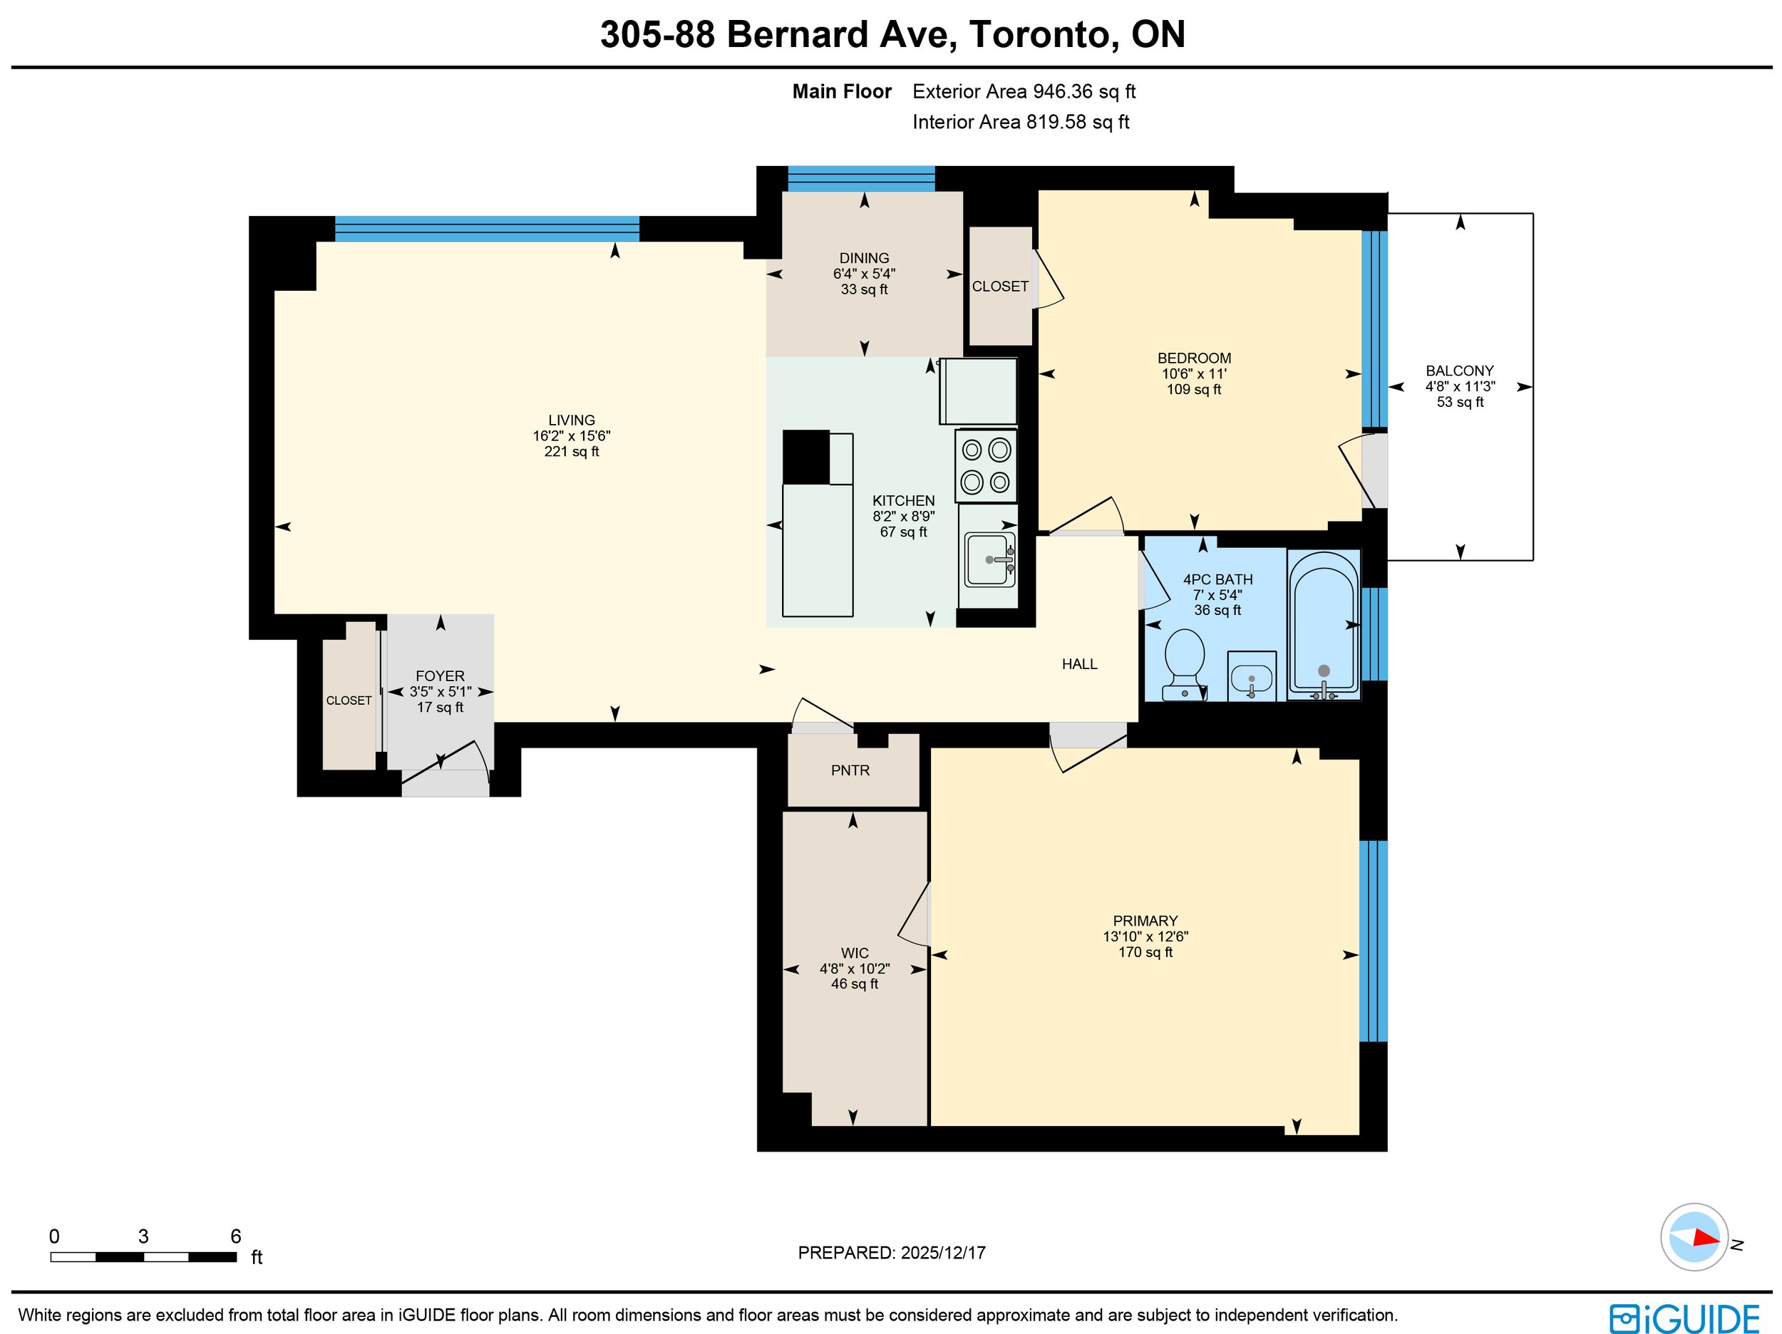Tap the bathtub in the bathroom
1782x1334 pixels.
pyautogui.click(x=1324, y=624)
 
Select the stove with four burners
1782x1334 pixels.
pyautogui.click(x=986, y=465)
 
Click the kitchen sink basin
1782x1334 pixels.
pyautogui.click(x=989, y=559)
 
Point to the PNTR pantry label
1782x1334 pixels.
pyautogui.click(x=850, y=771)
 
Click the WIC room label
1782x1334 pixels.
pyautogui.click(x=854, y=953)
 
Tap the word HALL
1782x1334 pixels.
pyautogui.click(x=1079, y=663)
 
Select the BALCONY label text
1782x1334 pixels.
pyautogui.click(x=1460, y=371)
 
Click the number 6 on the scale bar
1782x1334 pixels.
pyautogui.click(x=235, y=1236)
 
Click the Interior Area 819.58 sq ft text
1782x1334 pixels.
pyautogui.click(x=1021, y=122)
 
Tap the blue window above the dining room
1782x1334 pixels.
pyautogui.click(x=861, y=179)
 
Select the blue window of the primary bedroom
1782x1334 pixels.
pyautogui.click(x=1373, y=941)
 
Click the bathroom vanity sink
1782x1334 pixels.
pyautogui.click(x=1251, y=675)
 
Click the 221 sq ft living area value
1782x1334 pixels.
pyautogui.click(x=571, y=452)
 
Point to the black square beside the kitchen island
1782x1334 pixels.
pyautogui.click(x=805, y=457)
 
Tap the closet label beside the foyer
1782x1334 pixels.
pyautogui.click(x=349, y=700)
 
